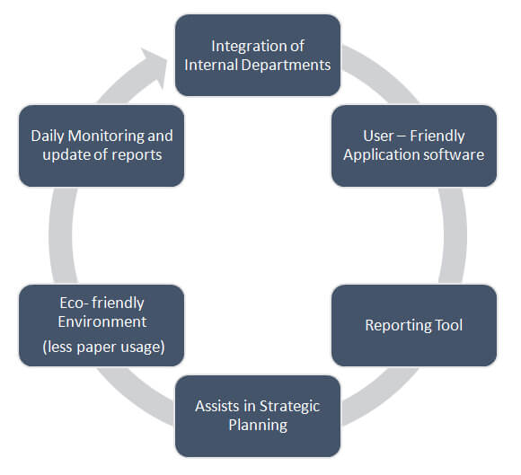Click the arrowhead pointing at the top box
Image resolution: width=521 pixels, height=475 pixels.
156,66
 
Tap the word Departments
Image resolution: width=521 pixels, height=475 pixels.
286,66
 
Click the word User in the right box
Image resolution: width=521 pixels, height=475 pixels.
378,136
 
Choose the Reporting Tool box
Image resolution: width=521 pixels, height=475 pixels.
414,326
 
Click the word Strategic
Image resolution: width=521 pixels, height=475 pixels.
289,407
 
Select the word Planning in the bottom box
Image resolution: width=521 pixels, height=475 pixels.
258,426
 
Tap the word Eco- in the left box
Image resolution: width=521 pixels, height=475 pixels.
74,303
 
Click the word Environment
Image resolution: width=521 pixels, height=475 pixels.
102,321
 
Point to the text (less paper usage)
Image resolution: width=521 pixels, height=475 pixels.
103,347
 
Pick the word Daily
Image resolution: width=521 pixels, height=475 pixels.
48,136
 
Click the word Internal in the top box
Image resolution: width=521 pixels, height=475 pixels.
211,66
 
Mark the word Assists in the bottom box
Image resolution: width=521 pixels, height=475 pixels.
217,406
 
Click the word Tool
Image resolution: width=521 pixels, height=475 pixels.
449,325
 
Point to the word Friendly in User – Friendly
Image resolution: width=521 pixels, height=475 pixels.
437,136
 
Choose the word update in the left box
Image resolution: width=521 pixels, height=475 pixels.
64,155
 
